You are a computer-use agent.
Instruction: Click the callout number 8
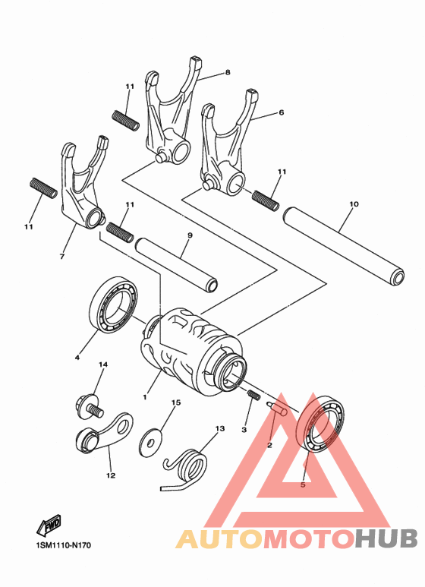(227, 73)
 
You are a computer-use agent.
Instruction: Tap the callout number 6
(281, 112)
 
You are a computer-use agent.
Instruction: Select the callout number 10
(354, 204)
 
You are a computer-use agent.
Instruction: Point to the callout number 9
(189, 235)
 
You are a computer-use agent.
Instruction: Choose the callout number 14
(103, 365)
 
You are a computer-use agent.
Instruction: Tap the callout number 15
(175, 402)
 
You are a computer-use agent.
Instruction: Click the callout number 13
(220, 428)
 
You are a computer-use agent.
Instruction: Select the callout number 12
(111, 476)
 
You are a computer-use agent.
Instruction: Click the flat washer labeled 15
(152, 438)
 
